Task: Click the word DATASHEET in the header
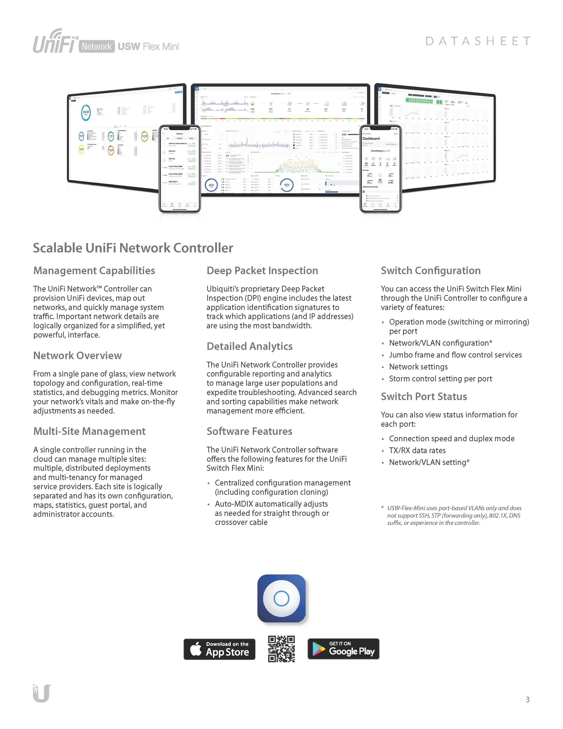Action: (478, 41)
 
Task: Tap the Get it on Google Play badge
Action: (343, 649)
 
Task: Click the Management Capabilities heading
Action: (94, 270)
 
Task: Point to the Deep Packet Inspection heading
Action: (262, 270)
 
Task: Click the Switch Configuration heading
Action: (431, 270)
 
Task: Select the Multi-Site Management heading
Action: (89, 431)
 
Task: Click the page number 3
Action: (527, 700)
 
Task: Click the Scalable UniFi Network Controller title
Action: (133, 248)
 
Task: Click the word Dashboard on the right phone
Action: (371, 138)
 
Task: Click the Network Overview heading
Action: (77, 356)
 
